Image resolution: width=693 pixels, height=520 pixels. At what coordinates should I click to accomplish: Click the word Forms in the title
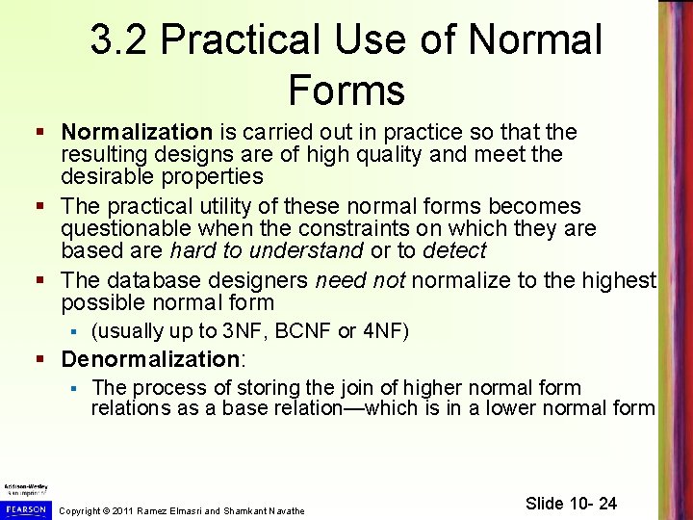click(x=346, y=90)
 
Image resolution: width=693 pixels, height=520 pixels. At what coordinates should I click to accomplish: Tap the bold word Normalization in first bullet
click(x=136, y=132)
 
